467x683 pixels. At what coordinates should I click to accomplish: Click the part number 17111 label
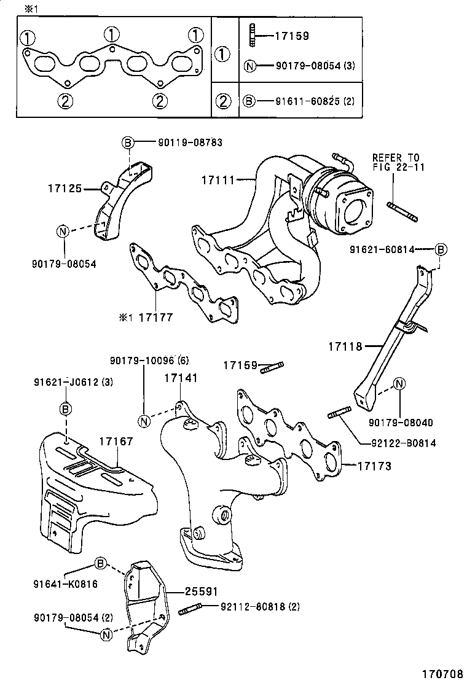point(217,180)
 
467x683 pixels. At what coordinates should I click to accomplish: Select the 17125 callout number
point(65,189)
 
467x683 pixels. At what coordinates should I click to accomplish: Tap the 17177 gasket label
point(155,318)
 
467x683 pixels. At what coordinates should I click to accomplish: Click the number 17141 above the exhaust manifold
point(181,378)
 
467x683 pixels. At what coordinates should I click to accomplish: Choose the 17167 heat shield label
point(117,441)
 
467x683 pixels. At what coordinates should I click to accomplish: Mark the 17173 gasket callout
point(375,466)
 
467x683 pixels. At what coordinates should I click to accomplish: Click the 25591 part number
point(202,591)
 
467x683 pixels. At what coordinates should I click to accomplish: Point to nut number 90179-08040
point(400,423)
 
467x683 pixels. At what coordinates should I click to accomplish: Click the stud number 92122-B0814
point(404,443)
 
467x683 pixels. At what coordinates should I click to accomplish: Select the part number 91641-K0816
point(65,583)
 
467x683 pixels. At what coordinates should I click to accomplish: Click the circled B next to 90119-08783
point(127,143)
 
